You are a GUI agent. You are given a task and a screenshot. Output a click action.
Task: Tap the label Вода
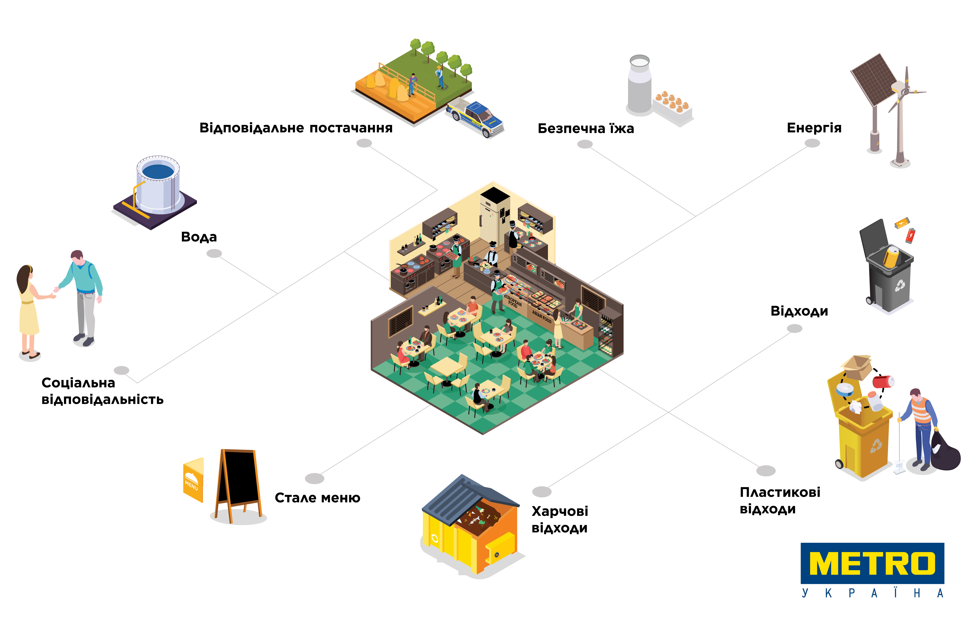(199, 237)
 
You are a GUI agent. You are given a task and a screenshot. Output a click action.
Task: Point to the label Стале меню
(317, 498)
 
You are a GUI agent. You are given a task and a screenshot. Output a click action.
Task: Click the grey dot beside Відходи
(794, 329)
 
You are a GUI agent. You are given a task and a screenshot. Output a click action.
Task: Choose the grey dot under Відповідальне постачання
(364, 143)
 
